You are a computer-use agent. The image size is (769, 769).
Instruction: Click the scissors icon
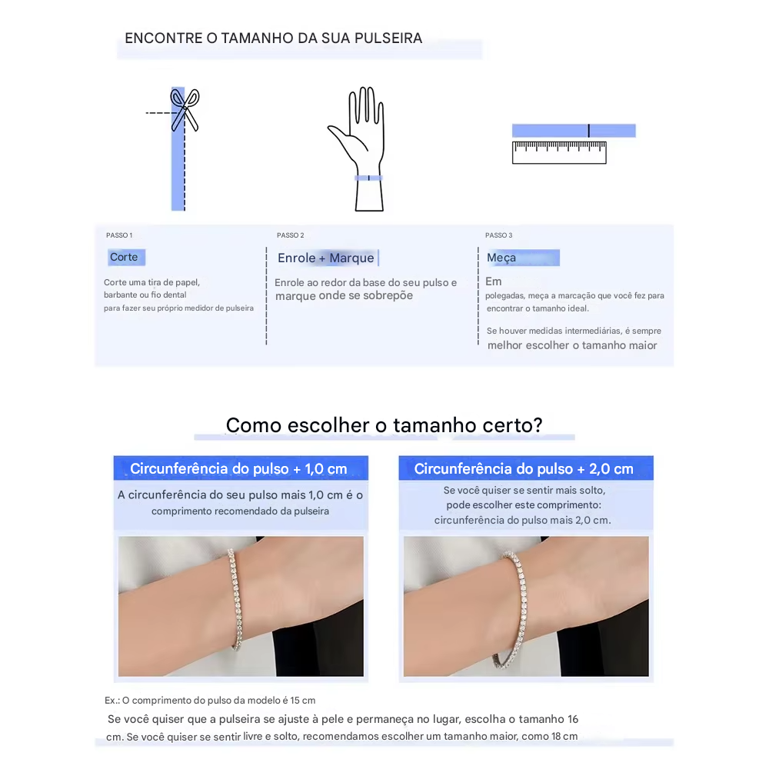point(185,110)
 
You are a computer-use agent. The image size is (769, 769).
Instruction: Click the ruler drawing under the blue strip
point(559,152)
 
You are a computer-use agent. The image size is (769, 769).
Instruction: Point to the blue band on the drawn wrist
point(368,178)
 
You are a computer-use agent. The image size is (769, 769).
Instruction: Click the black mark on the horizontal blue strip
point(588,131)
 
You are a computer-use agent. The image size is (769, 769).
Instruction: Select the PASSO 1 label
point(119,235)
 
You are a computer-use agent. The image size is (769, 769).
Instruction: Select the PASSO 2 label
point(291,235)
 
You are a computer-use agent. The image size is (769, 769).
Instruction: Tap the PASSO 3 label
point(499,235)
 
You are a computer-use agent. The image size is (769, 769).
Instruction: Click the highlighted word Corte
point(124,257)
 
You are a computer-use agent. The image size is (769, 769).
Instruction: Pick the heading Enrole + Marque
point(325,258)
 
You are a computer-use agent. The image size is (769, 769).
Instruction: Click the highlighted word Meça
point(501,258)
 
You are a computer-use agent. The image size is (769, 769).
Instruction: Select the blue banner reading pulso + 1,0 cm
point(241,468)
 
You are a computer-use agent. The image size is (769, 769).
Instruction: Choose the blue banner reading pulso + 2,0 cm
point(526,468)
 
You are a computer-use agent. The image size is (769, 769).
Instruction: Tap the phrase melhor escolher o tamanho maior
point(572,345)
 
